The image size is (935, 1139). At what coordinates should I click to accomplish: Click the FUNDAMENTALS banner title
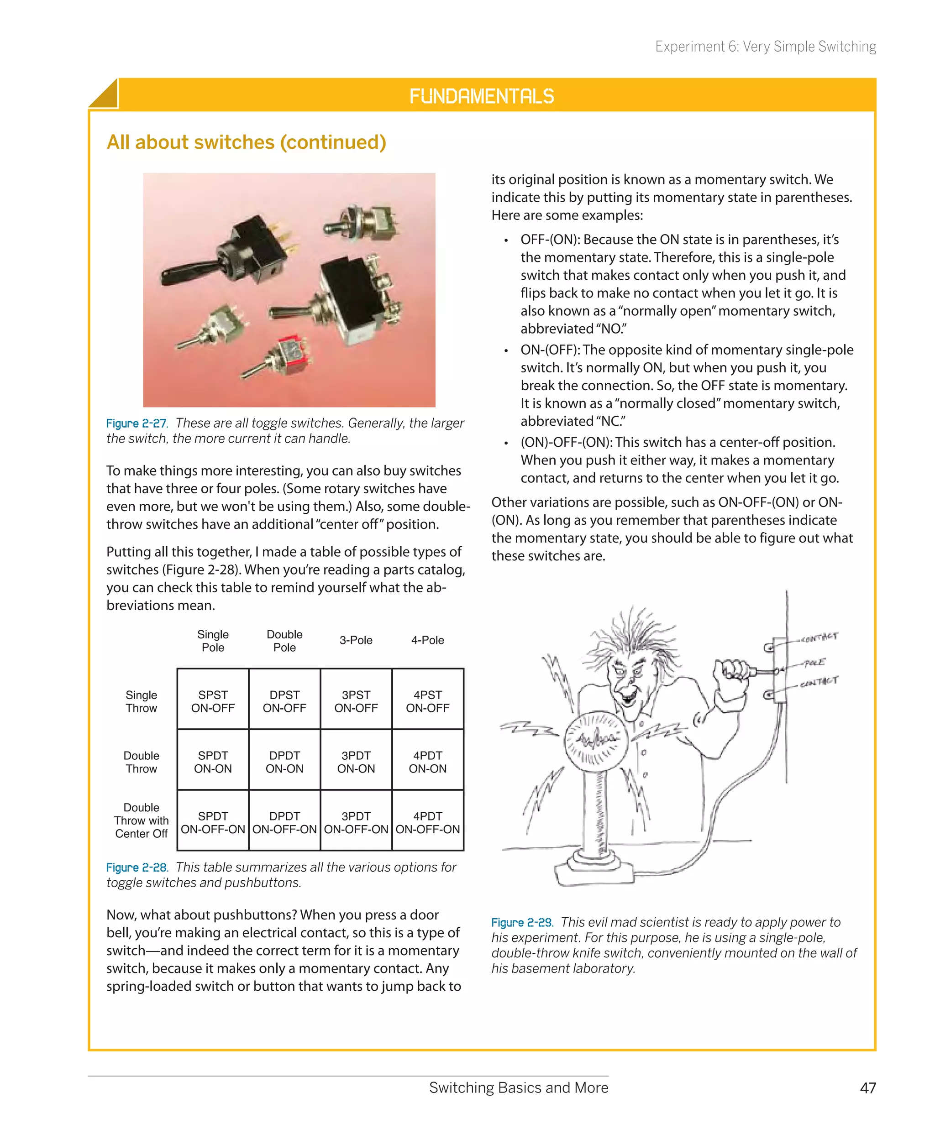[482, 96]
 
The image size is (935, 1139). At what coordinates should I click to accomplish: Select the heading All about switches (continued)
[246, 142]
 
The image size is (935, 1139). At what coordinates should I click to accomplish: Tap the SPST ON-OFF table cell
[213, 701]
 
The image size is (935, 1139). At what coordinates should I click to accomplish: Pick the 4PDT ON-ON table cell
[428, 762]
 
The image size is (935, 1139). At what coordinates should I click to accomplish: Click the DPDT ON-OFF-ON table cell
[284, 822]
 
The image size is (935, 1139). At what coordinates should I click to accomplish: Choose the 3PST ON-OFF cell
[356, 701]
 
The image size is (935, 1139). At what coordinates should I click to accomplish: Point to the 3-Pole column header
[356, 640]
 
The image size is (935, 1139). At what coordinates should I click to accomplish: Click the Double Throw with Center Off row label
[141, 820]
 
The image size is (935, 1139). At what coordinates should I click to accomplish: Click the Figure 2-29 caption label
[521, 923]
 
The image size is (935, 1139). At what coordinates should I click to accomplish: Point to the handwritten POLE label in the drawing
[814, 663]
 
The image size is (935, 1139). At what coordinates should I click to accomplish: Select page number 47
[868, 1088]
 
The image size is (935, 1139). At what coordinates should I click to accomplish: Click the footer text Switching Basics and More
[518, 1088]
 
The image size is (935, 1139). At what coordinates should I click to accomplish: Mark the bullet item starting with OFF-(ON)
[678, 284]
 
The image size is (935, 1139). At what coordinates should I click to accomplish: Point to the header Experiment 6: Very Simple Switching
[765, 47]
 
